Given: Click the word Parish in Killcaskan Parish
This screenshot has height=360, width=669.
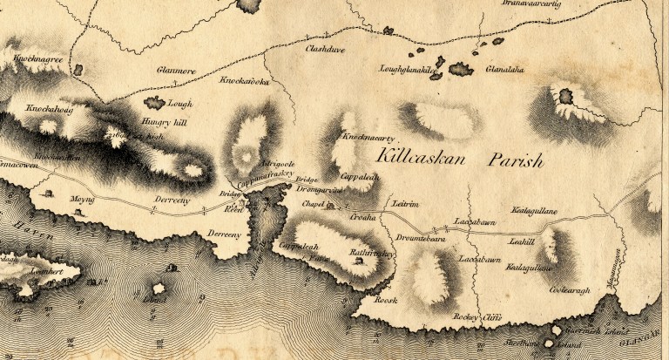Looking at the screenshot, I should [515, 161].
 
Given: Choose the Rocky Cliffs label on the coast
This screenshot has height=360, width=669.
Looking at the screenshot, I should [477, 319].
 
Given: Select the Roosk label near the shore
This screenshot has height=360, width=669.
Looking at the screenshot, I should [384, 299].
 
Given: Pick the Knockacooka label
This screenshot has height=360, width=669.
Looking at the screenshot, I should [245, 83].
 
